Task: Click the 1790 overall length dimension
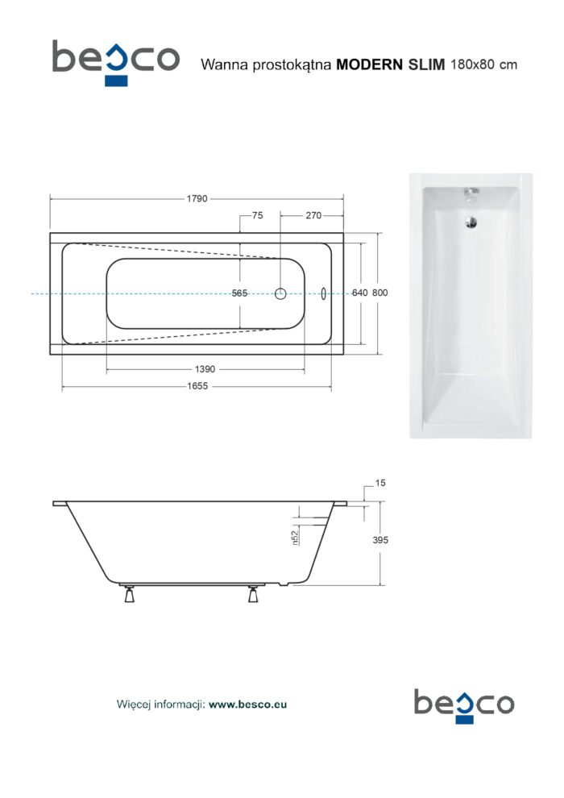197,198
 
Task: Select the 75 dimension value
258,215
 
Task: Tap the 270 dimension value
313,215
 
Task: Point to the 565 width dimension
239,293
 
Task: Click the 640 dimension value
359,293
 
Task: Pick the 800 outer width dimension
380,293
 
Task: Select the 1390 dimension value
205,369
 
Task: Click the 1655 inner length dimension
197,386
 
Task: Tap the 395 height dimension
380,540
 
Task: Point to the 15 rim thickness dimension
380,483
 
